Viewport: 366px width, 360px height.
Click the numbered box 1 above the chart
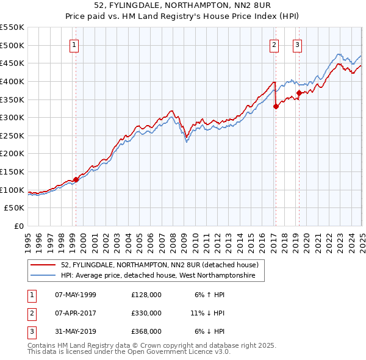[x=74, y=45]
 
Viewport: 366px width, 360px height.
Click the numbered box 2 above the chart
[x=274, y=45]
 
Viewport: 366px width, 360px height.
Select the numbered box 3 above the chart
[x=297, y=45]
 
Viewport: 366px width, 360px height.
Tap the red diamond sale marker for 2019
[x=300, y=93]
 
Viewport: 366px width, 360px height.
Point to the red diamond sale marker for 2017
[x=276, y=106]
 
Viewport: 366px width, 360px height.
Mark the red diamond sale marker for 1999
[x=76, y=179]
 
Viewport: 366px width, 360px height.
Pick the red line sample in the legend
[x=44, y=265]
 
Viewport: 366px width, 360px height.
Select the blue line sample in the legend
[x=44, y=276]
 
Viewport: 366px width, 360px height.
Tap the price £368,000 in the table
[x=146, y=331]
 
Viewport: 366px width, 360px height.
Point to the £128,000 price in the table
[x=146, y=295]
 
